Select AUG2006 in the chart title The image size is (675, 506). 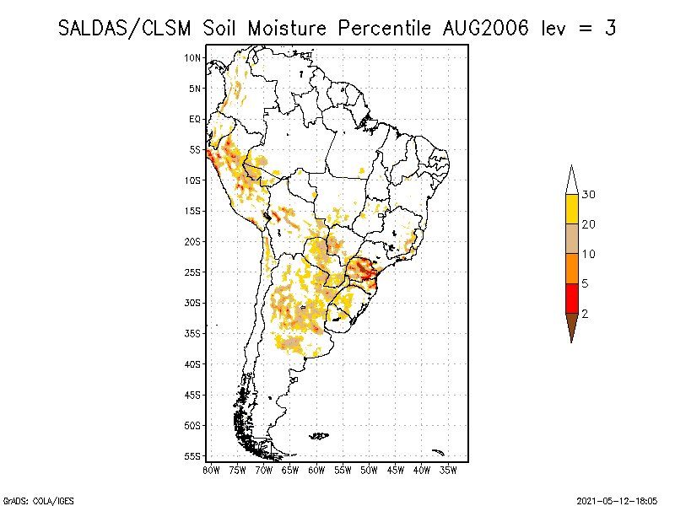[x=485, y=28]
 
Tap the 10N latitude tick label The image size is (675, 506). [x=193, y=57]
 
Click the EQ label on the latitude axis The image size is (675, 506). [x=195, y=119]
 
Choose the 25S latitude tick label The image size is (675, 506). [x=193, y=272]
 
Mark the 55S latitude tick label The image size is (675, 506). [x=193, y=456]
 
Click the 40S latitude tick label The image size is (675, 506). [x=193, y=364]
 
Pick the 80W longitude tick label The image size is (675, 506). [x=211, y=469]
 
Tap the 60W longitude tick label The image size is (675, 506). [x=316, y=469]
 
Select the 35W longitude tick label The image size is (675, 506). [x=448, y=469]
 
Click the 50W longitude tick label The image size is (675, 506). [x=369, y=469]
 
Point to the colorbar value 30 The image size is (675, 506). [x=589, y=195]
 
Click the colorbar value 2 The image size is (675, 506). [x=585, y=314]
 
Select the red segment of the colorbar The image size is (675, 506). [x=571, y=298]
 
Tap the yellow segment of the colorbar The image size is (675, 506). [x=571, y=209]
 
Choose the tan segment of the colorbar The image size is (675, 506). [x=571, y=239]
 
